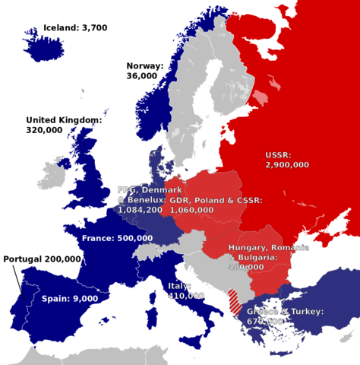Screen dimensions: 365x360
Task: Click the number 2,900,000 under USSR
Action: [286, 164]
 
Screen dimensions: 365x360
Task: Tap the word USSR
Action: [278, 154]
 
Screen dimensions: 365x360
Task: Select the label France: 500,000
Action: [116, 238]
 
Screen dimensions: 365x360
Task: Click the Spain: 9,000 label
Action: [69, 299]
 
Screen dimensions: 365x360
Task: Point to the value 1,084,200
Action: [140, 209]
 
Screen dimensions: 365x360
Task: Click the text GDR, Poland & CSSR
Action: [216, 200]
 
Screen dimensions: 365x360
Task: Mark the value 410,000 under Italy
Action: [185, 296]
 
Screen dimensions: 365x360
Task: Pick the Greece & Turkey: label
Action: [284, 312]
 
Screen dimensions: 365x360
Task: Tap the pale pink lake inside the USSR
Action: [261, 97]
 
